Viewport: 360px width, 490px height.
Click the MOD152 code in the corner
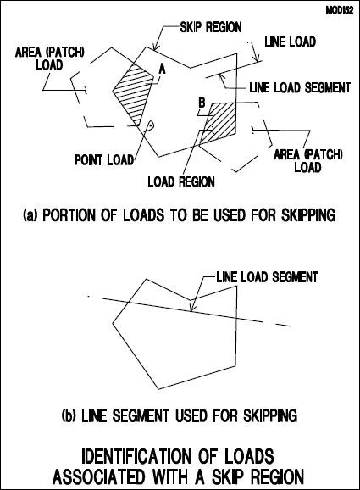point(340,10)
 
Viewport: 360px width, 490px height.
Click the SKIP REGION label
point(211,27)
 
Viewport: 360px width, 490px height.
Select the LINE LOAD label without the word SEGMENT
point(290,42)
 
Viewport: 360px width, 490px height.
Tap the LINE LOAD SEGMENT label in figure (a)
point(300,87)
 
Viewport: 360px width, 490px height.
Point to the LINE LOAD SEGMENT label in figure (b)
point(268,277)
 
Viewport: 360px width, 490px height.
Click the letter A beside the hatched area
point(162,68)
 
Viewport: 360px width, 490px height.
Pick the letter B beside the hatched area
point(202,103)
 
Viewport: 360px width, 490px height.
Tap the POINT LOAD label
point(104,160)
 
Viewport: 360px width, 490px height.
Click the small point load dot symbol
point(151,125)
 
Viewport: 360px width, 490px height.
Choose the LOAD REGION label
point(181,181)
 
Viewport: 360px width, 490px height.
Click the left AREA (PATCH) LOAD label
point(50,58)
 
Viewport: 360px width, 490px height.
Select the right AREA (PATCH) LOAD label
point(307,160)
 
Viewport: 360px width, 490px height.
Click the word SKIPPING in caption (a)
point(308,215)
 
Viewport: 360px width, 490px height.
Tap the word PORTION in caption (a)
point(69,215)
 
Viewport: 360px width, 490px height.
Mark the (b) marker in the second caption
point(69,416)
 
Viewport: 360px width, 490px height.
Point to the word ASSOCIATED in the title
point(99,477)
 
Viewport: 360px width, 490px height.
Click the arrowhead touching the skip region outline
point(153,47)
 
